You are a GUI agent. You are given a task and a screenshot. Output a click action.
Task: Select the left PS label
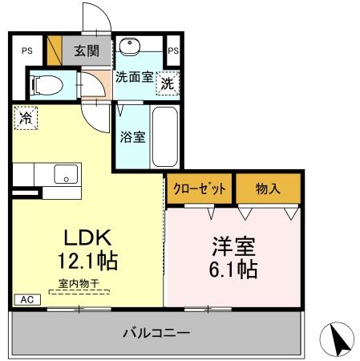(x=27, y=51)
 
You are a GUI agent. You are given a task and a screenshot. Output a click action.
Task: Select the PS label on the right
(x=174, y=51)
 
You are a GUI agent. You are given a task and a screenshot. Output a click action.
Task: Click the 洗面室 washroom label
(x=133, y=78)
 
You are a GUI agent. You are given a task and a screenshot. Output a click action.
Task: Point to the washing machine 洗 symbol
(x=167, y=81)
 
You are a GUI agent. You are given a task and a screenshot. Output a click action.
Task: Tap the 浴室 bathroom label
(x=133, y=136)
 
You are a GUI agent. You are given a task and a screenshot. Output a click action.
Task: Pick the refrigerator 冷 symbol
(x=24, y=116)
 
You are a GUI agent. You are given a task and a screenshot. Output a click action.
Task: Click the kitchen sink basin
(x=66, y=172)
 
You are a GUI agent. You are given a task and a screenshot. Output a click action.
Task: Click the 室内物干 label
(x=79, y=282)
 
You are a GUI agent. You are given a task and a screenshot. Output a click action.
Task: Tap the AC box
(x=26, y=299)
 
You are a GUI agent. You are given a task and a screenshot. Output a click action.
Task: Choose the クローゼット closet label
(x=200, y=189)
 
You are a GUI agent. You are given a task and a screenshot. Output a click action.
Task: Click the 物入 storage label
(x=267, y=189)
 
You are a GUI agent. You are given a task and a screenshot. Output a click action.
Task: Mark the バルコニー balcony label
(x=156, y=331)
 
